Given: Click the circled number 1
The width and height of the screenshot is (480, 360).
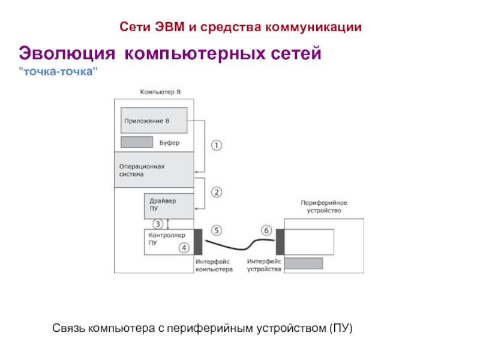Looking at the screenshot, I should pos(217,145).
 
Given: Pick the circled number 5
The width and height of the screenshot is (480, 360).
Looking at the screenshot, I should pos(217,230).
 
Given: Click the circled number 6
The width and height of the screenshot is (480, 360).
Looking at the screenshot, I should pos(266,230).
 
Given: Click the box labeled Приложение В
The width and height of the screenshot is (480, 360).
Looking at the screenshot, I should pos(154,121).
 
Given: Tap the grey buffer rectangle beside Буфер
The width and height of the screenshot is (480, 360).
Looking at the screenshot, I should pos(137,142).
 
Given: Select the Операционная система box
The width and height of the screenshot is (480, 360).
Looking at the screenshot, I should pos(154,170).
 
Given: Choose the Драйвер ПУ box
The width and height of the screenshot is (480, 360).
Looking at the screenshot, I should pos(169,206).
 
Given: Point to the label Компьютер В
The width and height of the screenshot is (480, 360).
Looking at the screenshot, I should pos(160,92).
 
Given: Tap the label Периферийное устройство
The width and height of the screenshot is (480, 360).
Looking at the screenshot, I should pos(324,206).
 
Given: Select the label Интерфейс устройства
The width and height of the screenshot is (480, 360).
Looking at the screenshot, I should pos(264,266).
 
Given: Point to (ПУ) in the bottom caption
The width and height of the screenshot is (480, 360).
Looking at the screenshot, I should pos(341,328).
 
